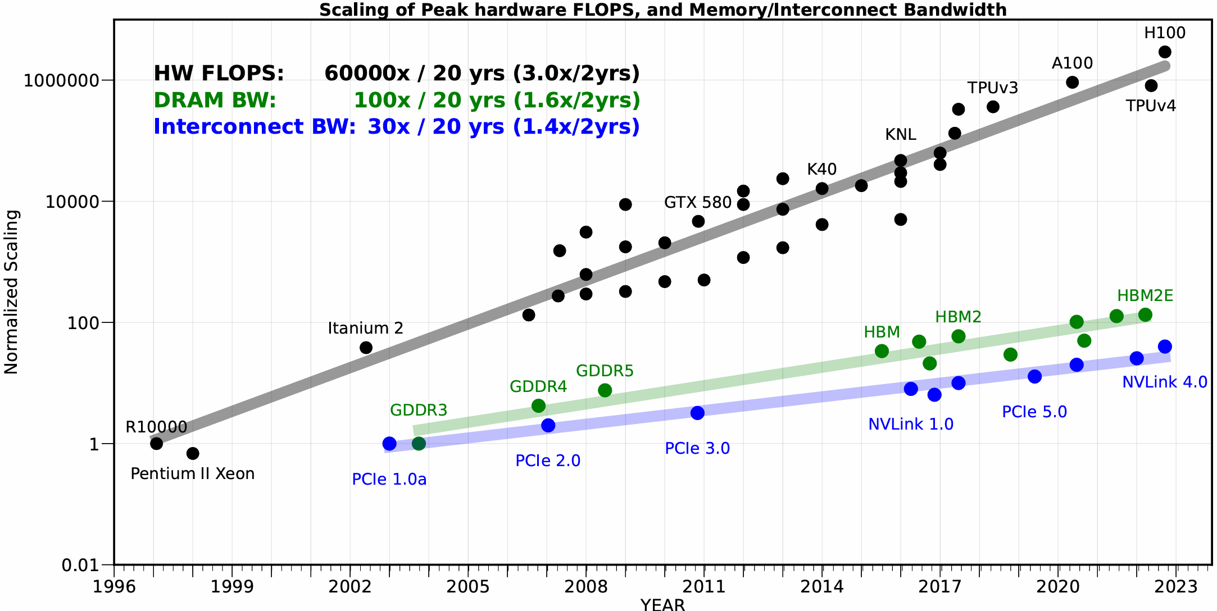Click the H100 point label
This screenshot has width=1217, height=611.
1165,33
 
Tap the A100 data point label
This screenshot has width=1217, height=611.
1072,63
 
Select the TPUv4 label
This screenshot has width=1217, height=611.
1151,106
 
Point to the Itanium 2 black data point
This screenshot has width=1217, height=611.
366,348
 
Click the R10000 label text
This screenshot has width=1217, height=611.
156,427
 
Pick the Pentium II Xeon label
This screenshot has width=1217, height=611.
192,474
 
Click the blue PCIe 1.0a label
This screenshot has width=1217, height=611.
389,480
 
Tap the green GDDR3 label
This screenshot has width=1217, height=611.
419,411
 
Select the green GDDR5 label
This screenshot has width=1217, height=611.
605,371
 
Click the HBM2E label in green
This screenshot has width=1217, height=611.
1145,296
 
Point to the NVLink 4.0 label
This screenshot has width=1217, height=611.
1164,382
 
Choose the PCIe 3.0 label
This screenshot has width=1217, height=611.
697,449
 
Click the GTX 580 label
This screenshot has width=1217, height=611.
698,203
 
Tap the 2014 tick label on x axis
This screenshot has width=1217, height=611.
821,587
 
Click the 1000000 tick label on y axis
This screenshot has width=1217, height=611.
61,80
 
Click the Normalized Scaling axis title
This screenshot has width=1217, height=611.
12,292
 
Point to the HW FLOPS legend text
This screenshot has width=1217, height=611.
219,74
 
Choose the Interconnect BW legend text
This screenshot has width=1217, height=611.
254,127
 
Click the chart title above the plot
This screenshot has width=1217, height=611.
663,10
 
